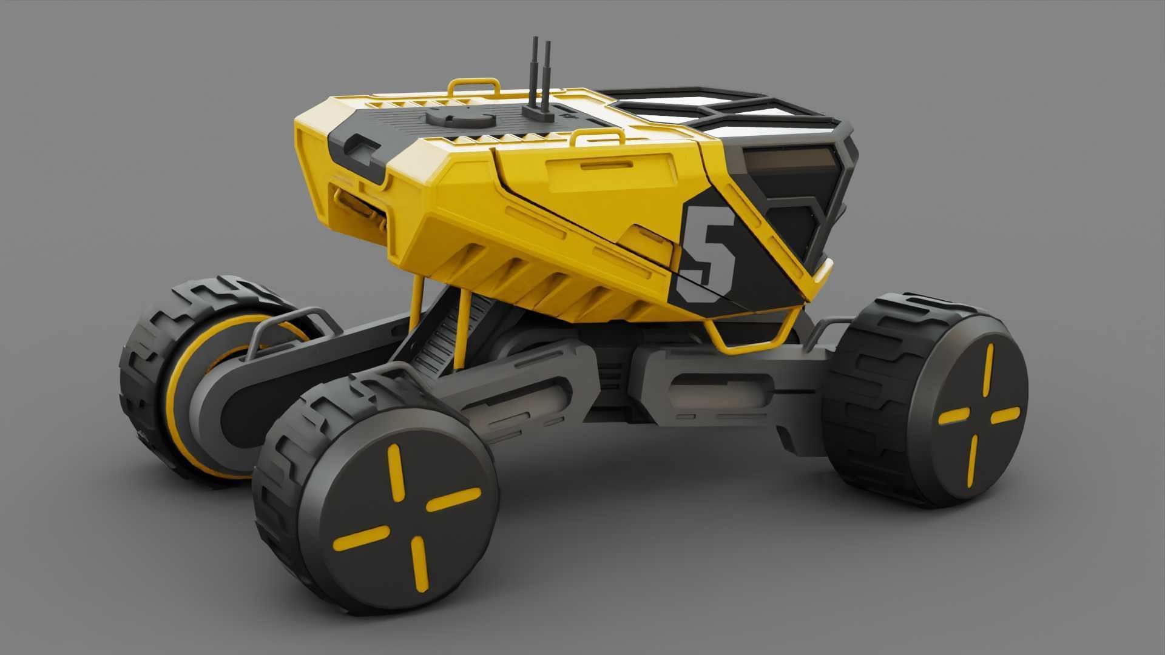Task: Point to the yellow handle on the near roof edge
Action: pos(598,137)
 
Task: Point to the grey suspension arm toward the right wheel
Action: pos(728,388)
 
